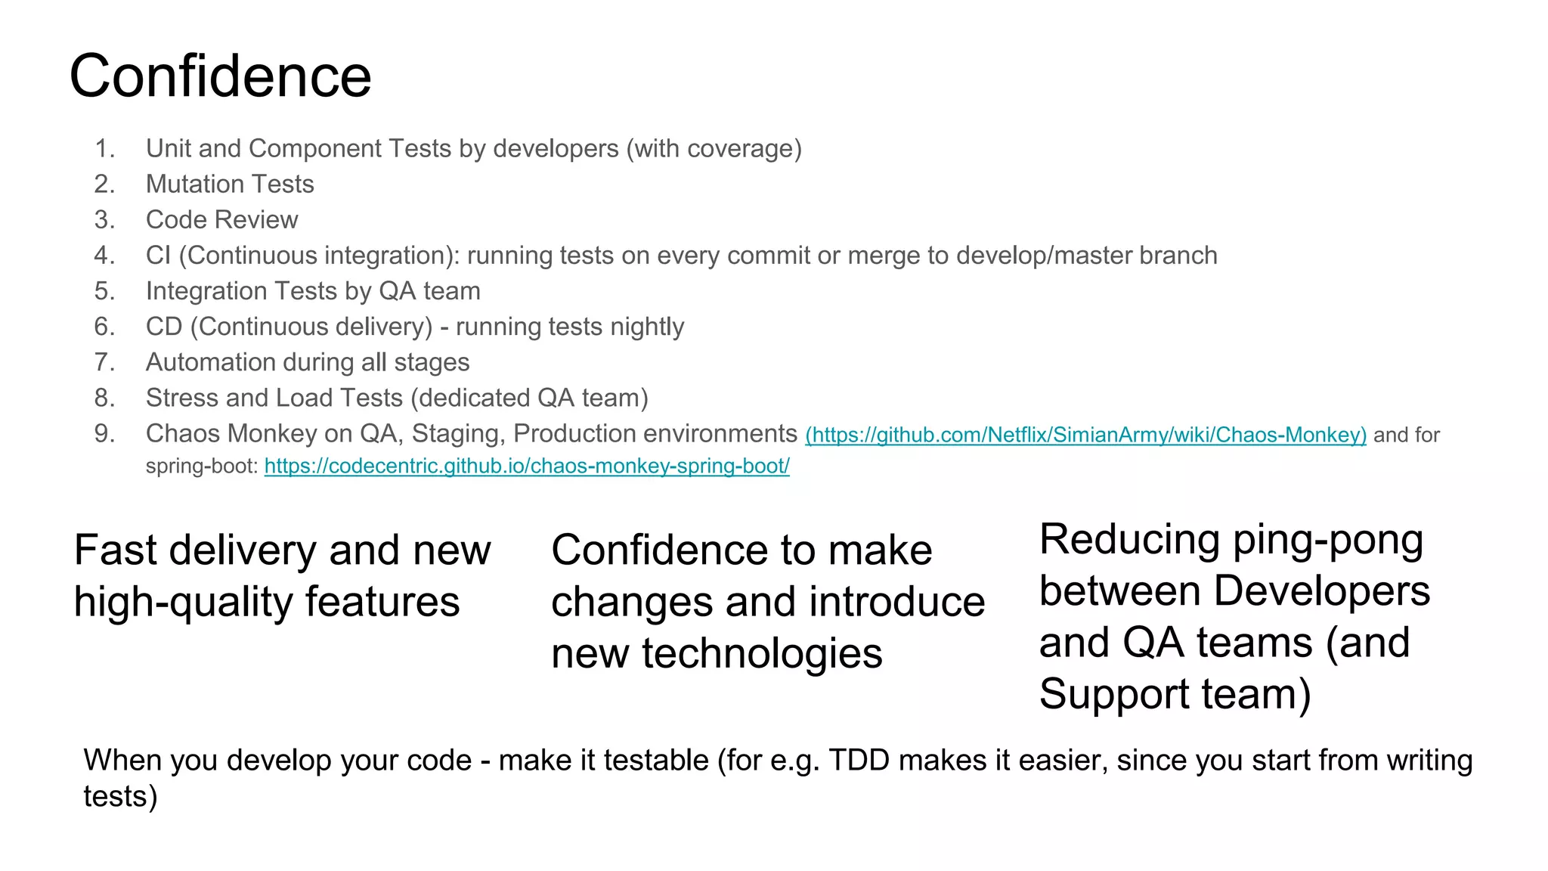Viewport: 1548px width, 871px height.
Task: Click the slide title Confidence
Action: pyautogui.click(x=220, y=76)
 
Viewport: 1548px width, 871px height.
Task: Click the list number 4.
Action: pyautogui.click(x=104, y=256)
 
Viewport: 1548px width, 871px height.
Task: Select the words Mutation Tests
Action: pyautogui.click(x=230, y=184)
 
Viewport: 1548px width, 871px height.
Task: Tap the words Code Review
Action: pyautogui.click(x=221, y=220)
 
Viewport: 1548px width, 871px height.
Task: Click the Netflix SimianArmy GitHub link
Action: pyautogui.click(x=1085, y=435)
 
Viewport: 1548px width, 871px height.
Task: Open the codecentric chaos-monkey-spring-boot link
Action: pyautogui.click(x=527, y=466)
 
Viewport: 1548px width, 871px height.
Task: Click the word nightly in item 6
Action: pyautogui.click(x=647, y=327)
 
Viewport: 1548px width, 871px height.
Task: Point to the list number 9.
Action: pyautogui.click(x=104, y=434)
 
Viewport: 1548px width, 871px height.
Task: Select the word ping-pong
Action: pyautogui.click(x=1328, y=540)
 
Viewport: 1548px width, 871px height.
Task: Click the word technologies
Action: pyautogui.click(x=762, y=653)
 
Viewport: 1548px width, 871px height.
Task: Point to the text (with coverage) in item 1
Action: pyautogui.click(x=714, y=149)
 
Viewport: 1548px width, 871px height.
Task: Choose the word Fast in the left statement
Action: pyautogui.click(x=115, y=550)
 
